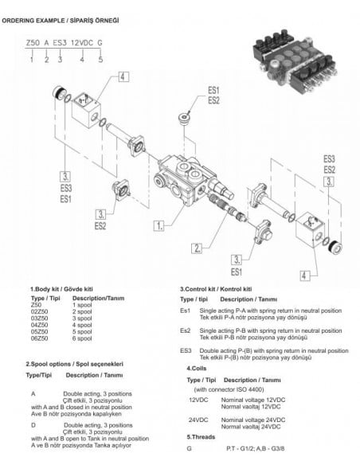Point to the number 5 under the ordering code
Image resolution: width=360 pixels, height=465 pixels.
[100, 58]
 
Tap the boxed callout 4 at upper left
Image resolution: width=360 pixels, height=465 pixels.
[123, 77]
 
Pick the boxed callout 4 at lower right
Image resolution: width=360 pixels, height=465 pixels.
[303, 275]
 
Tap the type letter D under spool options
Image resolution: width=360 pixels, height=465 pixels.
[33, 425]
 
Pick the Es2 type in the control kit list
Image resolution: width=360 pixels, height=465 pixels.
[185, 329]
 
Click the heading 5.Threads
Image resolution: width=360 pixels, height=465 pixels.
[202, 437]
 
